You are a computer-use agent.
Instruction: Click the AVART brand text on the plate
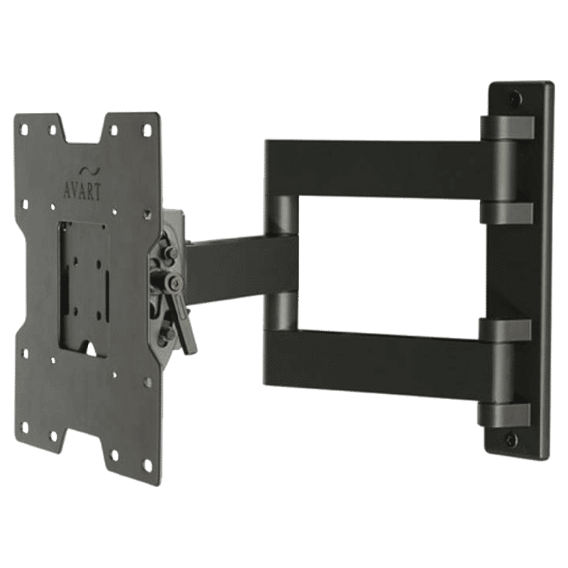coord(82,192)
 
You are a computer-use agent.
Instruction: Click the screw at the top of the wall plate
coord(515,98)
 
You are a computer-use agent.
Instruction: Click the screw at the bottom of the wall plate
coord(510,439)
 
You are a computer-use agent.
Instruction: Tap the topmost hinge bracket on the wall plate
coord(507,128)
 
